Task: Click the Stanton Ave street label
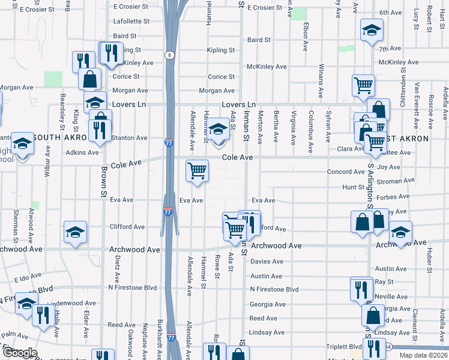pos(130,138)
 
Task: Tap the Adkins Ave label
pos(82,152)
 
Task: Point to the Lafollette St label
pos(127,21)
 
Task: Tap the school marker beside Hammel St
pos(218,130)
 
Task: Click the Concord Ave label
pos(346,172)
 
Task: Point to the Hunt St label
pos(349,187)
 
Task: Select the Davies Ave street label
pos(267,262)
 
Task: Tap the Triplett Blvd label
pos(344,347)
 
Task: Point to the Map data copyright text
pos(424,355)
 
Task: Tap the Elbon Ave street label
pos(306,31)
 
